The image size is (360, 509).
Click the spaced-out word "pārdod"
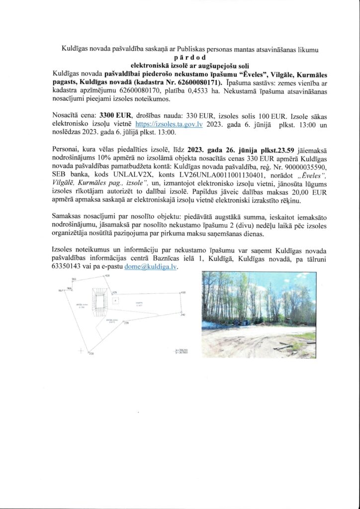click(x=180, y=57)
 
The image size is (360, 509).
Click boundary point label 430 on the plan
click(x=182, y=293)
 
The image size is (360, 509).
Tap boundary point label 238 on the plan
click(x=126, y=323)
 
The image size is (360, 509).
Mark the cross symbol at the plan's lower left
click(x=81, y=351)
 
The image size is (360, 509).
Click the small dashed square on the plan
click(x=115, y=301)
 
